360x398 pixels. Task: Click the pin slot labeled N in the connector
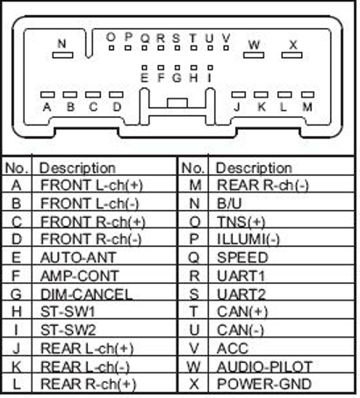coord(62,55)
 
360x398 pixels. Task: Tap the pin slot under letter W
coord(254,55)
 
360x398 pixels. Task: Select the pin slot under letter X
coord(292,55)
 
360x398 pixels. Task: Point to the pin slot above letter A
coord(47,95)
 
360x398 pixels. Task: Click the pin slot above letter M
coord(307,95)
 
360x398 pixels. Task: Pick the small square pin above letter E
coord(144,68)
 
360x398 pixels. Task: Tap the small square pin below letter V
coord(226,47)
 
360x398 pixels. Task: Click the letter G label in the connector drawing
coord(176,78)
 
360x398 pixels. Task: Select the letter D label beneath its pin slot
coord(117,107)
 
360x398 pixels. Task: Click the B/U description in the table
coord(229,204)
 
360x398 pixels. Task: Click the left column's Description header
coord(77,169)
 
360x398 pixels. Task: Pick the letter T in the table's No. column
coord(193,312)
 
